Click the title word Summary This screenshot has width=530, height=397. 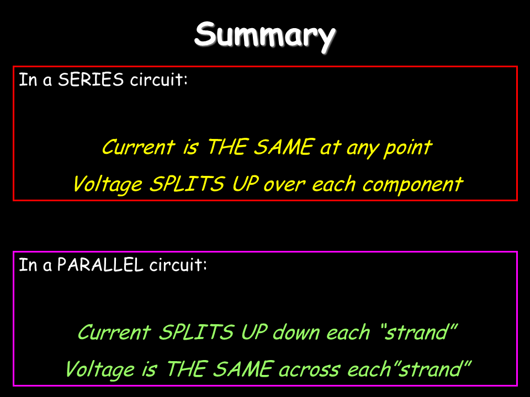coord(265,36)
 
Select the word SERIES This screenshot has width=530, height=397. coord(91,80)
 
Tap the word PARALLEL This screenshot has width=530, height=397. coord(100,265)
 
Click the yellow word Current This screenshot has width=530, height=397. coord(139,147)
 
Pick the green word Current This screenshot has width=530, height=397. coord(114,332)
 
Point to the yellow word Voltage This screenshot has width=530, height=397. coord(108,185)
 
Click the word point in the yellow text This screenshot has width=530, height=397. coord(408,148)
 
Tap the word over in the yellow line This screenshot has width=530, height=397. coord(285,185)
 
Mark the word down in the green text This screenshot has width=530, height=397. coord(296,332)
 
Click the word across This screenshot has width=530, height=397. coord(310,370)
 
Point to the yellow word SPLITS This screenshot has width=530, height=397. coord(187,184)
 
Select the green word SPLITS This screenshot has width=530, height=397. coord(196,332)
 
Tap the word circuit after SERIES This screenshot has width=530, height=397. coord(159,80)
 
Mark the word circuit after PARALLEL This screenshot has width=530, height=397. coord(178,265)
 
